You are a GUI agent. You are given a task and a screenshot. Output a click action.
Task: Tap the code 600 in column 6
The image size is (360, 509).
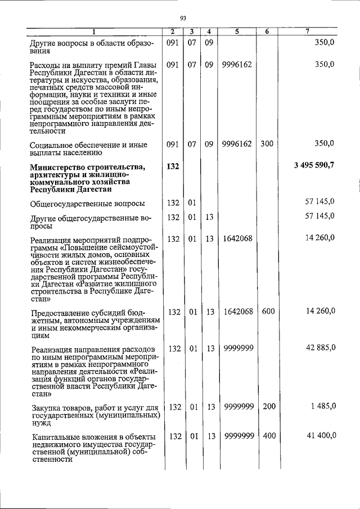pos(266,311)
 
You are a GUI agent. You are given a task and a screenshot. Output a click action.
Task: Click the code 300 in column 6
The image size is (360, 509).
pos(266,143)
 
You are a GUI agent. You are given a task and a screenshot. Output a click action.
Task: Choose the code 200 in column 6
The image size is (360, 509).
pos(266,406)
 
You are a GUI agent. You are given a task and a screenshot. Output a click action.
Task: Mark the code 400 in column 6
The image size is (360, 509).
pos(266,435)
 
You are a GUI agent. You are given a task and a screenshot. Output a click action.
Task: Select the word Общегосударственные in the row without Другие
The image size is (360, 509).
pos(70,202)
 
